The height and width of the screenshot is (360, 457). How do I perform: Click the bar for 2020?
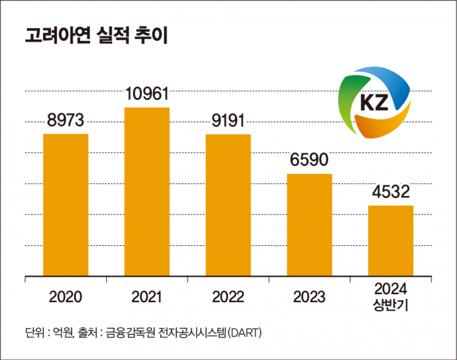(66, 204)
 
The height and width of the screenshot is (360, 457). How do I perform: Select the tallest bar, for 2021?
(147, 191)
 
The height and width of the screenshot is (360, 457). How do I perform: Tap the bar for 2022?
(228, 204)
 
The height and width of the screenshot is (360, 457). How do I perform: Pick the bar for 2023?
(309, 224)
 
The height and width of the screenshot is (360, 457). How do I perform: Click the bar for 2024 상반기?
(390, 240)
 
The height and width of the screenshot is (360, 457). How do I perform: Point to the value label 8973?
(66, 122)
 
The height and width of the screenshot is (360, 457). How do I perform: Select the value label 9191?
(228, 122)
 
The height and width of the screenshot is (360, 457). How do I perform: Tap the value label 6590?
(309, 162)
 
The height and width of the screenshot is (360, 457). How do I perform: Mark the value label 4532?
(390, 193)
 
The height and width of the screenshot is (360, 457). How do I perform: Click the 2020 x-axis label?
(66, 296)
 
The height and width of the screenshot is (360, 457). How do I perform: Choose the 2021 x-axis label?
(147, 296)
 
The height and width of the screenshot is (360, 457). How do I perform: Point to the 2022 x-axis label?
(228, 296)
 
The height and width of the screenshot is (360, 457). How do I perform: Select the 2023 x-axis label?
(309, 296)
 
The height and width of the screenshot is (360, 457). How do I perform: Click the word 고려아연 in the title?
(51, 36)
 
